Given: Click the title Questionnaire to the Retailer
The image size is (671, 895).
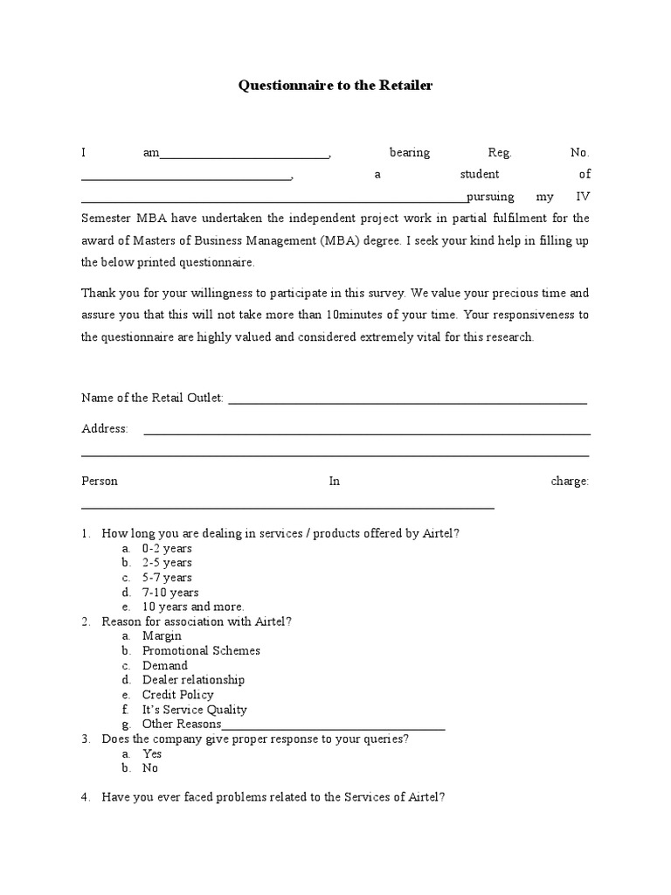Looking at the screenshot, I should tap(335, 86).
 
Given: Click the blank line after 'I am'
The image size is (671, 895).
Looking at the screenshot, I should tap(245, 156).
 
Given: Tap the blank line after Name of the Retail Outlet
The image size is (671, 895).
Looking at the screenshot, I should tap(406, 402).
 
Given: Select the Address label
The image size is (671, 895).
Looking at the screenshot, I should tap(105, 428).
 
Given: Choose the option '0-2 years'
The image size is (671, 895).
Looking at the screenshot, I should tap(167, 548).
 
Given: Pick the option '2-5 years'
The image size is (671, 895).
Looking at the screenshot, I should tap(167, 563).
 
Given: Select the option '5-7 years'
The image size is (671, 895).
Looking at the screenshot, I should tap(167, 578).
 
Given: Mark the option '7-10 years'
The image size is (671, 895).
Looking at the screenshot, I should tap(170, 593).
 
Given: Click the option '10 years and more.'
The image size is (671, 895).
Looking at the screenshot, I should tap(193, 607).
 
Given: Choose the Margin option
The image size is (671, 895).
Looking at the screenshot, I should tap(162, 635).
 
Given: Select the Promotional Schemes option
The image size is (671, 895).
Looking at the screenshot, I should tap(201, 650).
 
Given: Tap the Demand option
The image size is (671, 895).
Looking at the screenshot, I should tap(165, 665).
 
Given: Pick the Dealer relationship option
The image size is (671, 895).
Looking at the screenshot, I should tap(193, 680).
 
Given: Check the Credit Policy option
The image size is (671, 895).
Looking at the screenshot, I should tap(178, 695).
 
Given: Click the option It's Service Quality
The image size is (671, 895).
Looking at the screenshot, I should tap(194, 710).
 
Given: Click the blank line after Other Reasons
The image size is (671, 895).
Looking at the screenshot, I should tap(334, 727).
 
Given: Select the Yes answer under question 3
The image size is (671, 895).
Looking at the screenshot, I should tap(152, 753).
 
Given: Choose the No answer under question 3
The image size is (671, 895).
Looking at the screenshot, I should tap(150, 768).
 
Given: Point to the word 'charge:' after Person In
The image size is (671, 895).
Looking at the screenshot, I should tap(571, 481).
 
